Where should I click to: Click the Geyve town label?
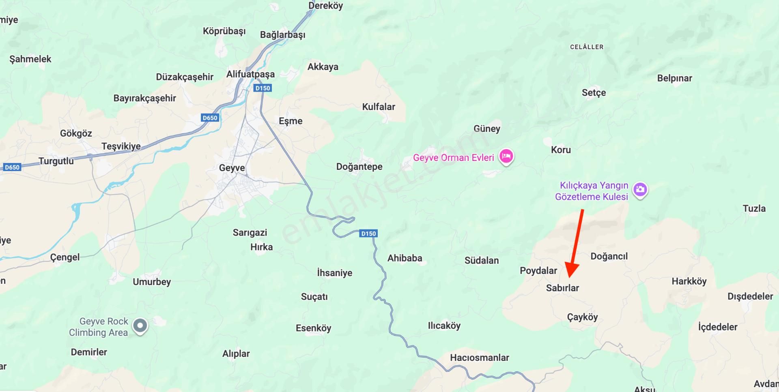(x=232, y=168)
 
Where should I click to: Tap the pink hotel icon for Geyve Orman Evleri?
(x=506, y=156)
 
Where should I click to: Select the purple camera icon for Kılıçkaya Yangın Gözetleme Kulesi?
(x=640, y=189)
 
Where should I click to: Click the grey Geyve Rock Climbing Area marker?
(x=141, y=326)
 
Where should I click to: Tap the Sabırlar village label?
(x=562, y=288)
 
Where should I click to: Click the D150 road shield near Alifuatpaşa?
(x=263, y=88)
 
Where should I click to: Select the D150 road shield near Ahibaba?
(x=368, y=233)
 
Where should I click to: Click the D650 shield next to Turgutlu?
(x=12, y=167)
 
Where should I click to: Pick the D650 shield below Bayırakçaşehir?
(x=210, y=118)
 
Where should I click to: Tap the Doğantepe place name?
(x=359, y=167)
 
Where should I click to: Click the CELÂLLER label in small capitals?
(x=587, y=47)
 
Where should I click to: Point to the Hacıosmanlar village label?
(x=479, y=358)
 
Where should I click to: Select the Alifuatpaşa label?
(x=250, y=74)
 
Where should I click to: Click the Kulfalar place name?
(x=378, y=107)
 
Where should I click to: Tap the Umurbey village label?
(x=152, y=282)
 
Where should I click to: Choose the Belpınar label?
(x=674, y=78)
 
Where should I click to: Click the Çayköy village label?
(x=582, y=317)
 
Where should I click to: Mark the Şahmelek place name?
(x=30, y=59)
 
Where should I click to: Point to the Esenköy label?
(x=313, y=328)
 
